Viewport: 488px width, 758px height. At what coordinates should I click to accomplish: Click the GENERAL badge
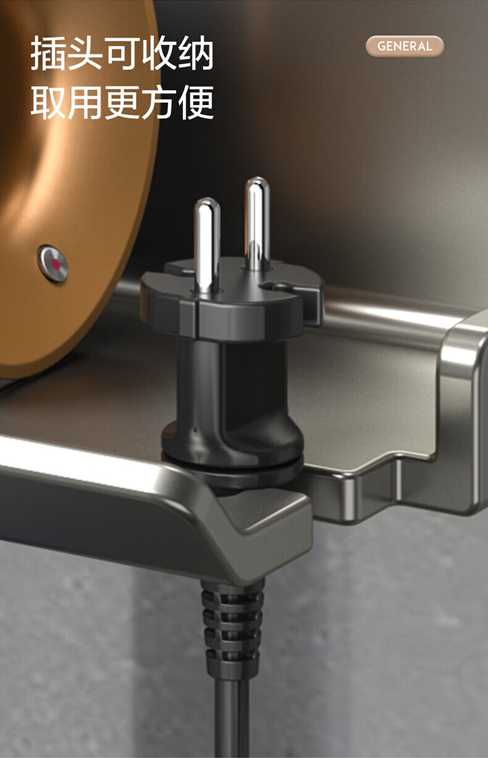(x=405, y=46)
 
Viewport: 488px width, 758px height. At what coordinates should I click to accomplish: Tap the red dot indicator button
(x=53, y=263)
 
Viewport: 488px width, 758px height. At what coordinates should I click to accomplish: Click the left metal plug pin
(x=207, y=245)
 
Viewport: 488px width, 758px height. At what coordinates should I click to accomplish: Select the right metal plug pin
(x=257, y=224)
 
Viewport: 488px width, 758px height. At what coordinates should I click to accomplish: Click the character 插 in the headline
(x=48, y=54)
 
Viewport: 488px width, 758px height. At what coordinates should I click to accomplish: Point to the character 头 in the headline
(x=85, y=54)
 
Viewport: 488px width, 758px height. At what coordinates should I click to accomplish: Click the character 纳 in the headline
(x=196, y=54)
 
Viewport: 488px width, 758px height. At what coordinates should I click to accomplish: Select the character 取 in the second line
(x=48, y=102)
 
